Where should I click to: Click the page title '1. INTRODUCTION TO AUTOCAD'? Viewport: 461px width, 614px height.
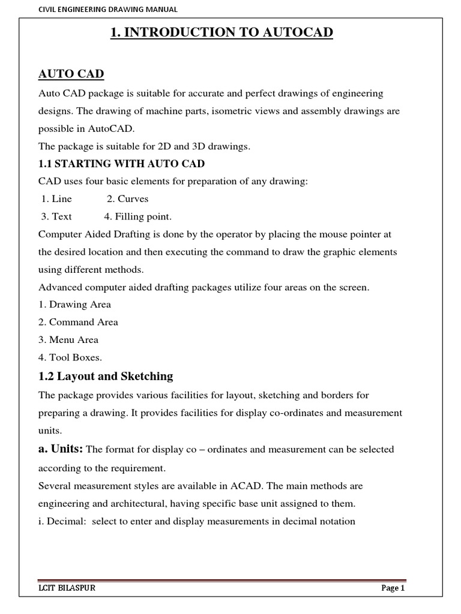point(221,32)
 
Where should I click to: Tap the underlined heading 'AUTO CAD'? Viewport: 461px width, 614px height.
point(71,74)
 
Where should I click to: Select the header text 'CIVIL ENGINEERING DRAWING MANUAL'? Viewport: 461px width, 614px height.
point(107,9)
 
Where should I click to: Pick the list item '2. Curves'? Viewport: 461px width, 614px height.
point(127,198)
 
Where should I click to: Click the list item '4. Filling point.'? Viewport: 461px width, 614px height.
point(137,216)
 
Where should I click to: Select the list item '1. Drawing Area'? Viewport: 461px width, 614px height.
point(74,304)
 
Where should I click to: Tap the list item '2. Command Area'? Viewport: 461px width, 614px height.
point(78,322)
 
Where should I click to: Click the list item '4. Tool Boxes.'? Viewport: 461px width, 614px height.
point(70,357)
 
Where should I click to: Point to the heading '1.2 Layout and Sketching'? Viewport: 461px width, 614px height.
point(106,377)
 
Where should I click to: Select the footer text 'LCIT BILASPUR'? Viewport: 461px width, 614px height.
point(67,589)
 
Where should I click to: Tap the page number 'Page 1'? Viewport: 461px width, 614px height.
point(394,589)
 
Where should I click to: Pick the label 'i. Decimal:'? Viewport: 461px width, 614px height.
point(62,521)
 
